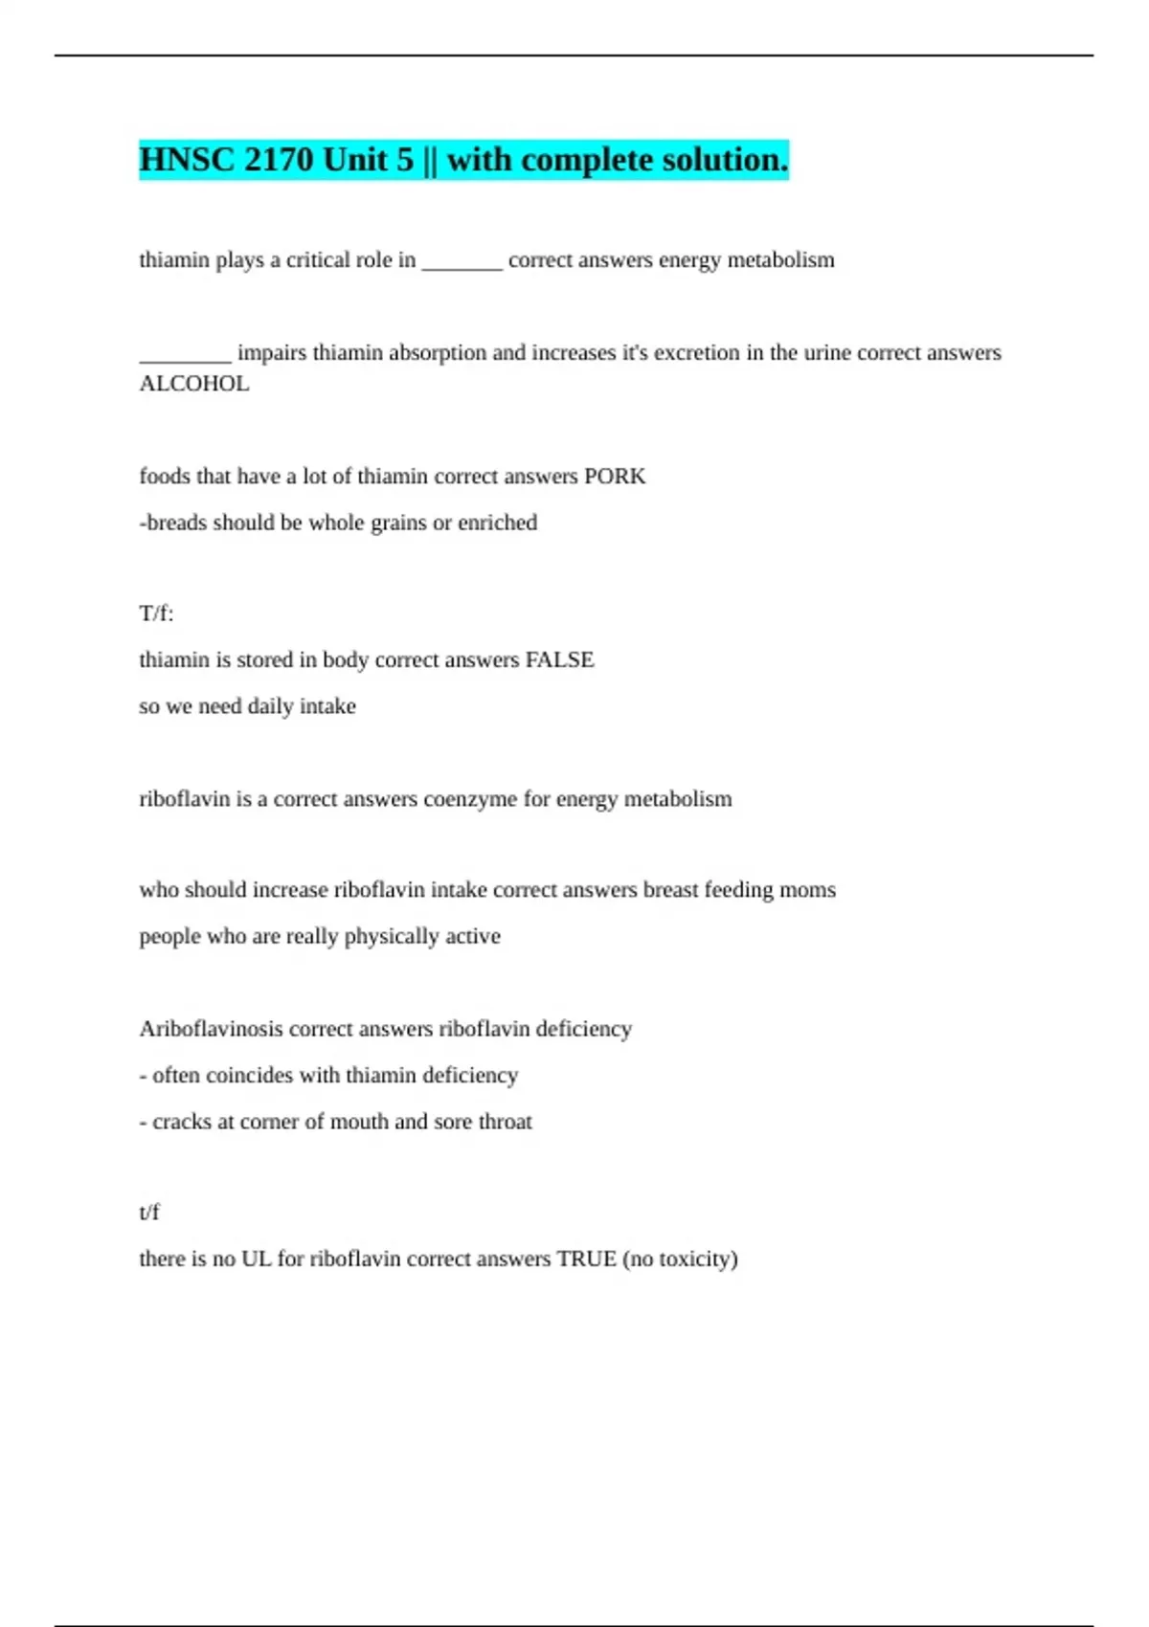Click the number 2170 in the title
pyautogui.click(x=279, y=160)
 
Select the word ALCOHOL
pyautogui.click(x=194, y=384)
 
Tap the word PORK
pyautogui.click(x=615, y=477)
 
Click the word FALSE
pyautogui.click(x=559, y=660)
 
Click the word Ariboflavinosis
pyautogui.click(x=211, y=1029)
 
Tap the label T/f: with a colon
pyautogui.click(x=156, y=613)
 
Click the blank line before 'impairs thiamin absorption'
pyautogui.click(x=185, y=354)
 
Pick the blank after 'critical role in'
pyautogui.click(x=462, y=261)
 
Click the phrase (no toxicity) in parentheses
pyautogui.click(x=680, y=1259)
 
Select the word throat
pyautogui.click(x=505, y=1122)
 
